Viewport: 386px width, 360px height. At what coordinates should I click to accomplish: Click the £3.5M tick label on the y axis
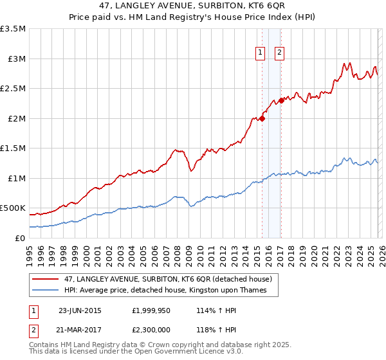point(13,29)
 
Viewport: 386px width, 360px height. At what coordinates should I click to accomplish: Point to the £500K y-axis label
point(13,208)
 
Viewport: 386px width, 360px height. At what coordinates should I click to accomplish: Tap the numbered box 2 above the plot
point(280,53)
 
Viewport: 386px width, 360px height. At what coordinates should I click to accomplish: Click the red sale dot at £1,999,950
point(262,118)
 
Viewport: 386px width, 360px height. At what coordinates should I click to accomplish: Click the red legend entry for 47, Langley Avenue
point(170,279)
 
